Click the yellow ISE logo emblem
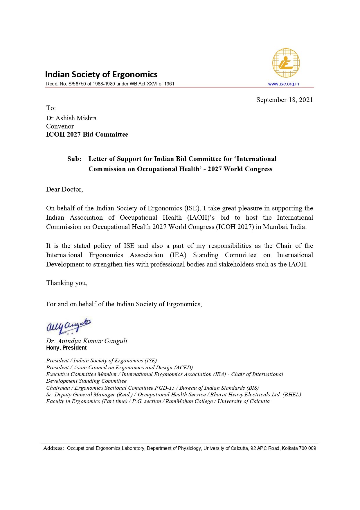[x=286, y=63]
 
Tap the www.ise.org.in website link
[x=283, y=84]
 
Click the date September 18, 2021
[x=285, y=100]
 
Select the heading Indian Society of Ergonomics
[x=101, y=75]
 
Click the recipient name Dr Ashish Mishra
[x=71, y=118]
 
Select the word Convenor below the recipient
[x=60, y=126]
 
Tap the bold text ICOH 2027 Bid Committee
[x=87, y=135]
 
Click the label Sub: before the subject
[x=74, y=159]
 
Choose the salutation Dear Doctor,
[x=64, y=189]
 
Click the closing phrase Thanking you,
[x=67, y=283]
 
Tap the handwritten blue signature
[x=69, y=326]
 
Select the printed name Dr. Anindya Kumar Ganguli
[x=87, y=341]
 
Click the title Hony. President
[x=66, y=348]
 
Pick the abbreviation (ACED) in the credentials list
[x=183, y=368]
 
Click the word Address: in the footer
[x=53, y=448]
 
